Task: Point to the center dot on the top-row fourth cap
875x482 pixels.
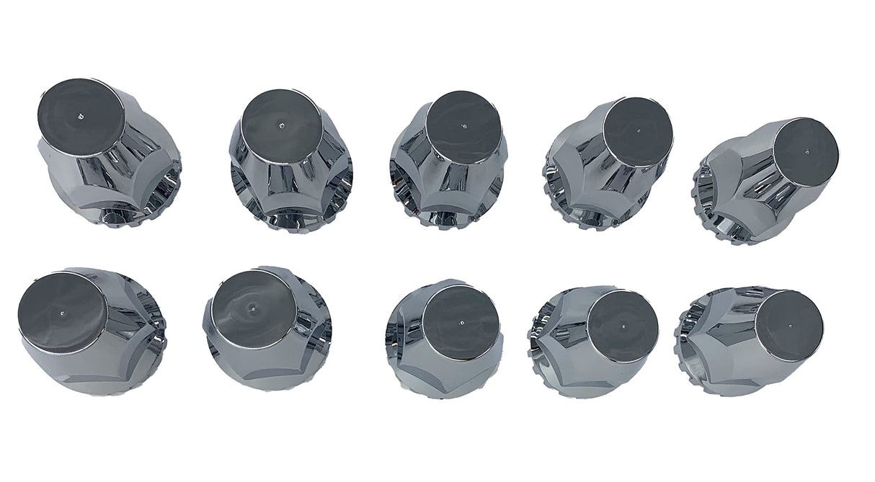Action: (x=639, y=131)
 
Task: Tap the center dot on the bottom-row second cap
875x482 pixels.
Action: (x=252, y=308)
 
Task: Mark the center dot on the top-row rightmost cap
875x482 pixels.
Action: (x=807, y=152)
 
